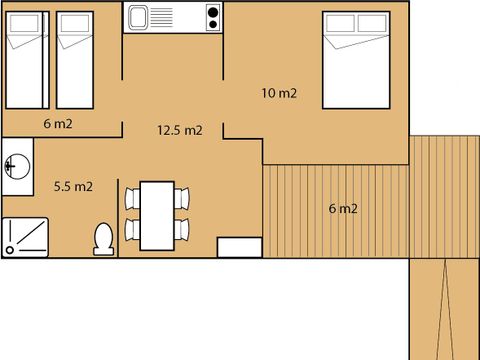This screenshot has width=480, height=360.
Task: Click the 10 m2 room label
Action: tap(280, 94)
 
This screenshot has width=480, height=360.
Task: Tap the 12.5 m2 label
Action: tap(180, 130)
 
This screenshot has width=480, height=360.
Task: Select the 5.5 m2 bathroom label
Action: tap(73, 186)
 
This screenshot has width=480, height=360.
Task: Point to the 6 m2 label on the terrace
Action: tap(343, 209)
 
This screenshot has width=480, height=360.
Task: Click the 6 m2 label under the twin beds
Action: tap(57, 124)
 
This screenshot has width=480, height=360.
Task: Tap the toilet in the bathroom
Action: tap(101, 238)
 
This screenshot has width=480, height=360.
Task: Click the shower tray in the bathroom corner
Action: tap(24, 236)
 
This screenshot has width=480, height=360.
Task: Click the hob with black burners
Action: tap(211, 18)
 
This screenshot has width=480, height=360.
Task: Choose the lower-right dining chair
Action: tap(180, 230)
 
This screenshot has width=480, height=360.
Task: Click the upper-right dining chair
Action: tap(180, 198)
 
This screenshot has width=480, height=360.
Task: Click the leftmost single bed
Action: tap(26, 60)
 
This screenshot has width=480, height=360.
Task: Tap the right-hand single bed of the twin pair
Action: tap(73, 60)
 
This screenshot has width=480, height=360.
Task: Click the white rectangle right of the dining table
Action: tap(239, 246)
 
